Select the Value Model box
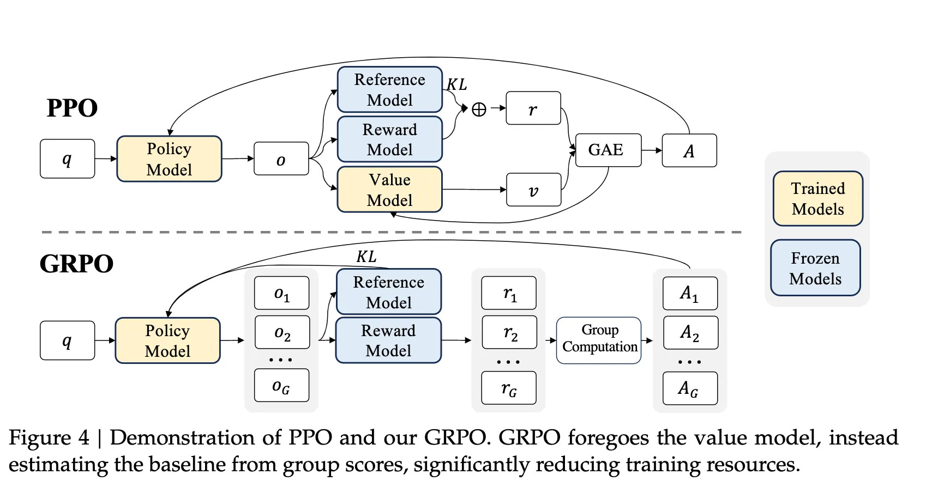pos(389,190)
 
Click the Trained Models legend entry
pos(817,198)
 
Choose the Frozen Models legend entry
pos(815,268)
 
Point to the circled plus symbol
pos(478,109)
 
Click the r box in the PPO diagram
pos(533,108)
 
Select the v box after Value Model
pos(533,190)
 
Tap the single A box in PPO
pos(689,150)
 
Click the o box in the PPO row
pos(281,159)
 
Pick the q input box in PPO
pos(67,159)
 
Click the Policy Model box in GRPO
pos(167,340)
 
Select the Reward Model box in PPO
pos(389,139)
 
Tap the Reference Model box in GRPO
pos(388,291)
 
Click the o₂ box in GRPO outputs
pos(282,332)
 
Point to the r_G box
pos(508,388)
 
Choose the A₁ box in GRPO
pos(689,293)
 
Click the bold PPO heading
pos(72,108)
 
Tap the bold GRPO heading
pos(76,264)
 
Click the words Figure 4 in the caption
pos(49,437)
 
